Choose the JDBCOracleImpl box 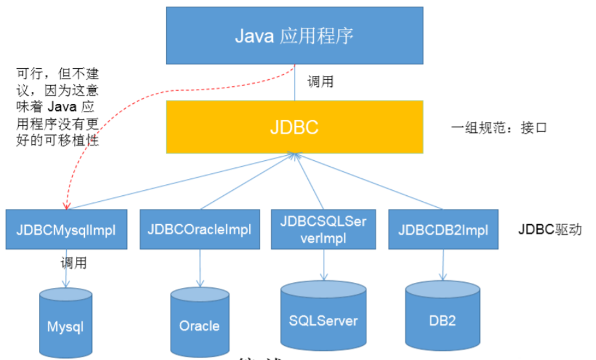(189, 229)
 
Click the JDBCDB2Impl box (444, 229)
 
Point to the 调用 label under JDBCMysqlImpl (73, 263)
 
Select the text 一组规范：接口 (499, 128)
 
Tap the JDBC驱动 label (545, 230)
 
